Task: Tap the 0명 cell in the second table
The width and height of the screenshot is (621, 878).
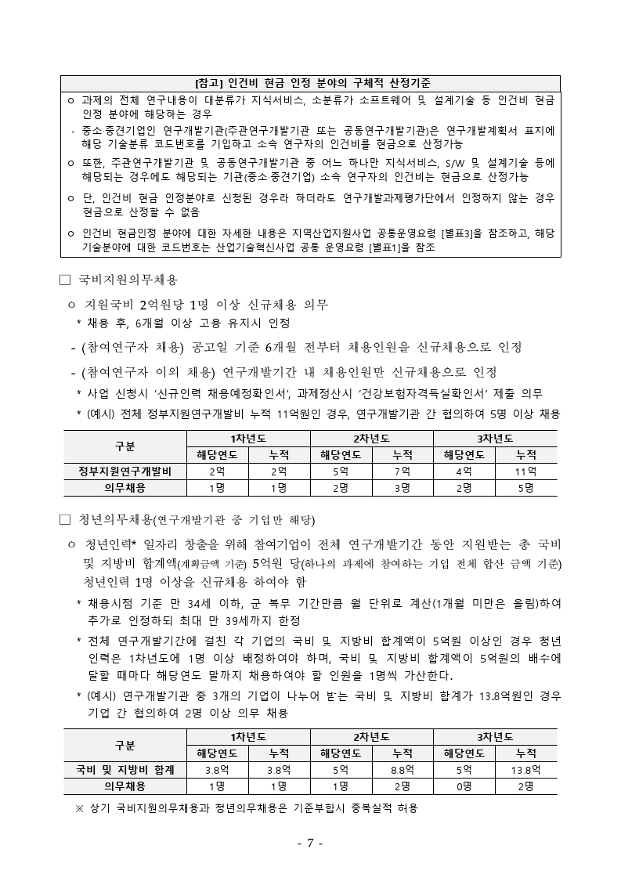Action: [x=464, y=786]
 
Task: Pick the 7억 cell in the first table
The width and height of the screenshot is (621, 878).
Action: [x=403, y=472]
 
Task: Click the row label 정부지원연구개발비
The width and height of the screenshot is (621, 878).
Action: [x=125, y=472]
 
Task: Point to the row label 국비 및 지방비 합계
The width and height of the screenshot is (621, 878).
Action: [x=125, y=770]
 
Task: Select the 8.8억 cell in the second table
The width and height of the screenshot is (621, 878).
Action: [x=403, y=770]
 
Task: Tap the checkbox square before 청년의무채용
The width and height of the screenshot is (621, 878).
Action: [x=65, y=518]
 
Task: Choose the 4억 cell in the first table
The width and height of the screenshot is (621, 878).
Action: [x=464, y=472]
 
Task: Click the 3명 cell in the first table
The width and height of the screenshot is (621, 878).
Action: [x=403, y=487]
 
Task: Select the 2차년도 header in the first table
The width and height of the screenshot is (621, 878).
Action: [x=371, y=438]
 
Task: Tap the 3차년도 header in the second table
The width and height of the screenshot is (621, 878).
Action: [x=495, y=736]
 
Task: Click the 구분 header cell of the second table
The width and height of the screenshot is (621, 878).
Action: [x=125, y=745]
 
